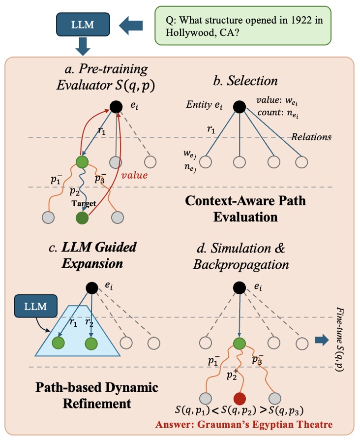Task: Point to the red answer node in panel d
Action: click(240, 397)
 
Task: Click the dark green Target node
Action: click(82, 217)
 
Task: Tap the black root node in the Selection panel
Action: click(239, 107)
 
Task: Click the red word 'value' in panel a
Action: click(135, 174)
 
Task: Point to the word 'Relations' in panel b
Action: click(311, 137)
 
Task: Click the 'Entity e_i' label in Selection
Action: click(204, 105)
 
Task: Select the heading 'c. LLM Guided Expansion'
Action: click(92, 254)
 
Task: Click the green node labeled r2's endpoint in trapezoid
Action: click(92, 343)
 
